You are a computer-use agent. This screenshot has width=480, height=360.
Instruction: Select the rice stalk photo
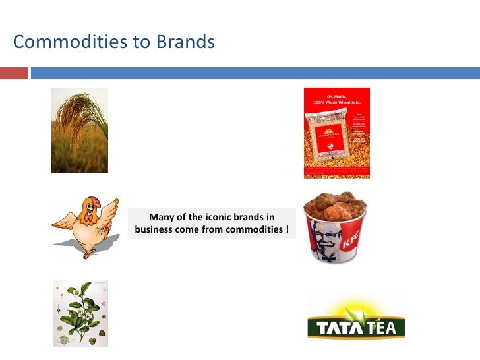click(x=80, y=130)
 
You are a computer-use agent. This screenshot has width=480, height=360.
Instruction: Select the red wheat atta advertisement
click(x=336, y=133)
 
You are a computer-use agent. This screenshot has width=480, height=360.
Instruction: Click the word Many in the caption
click(x=162, y=217)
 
